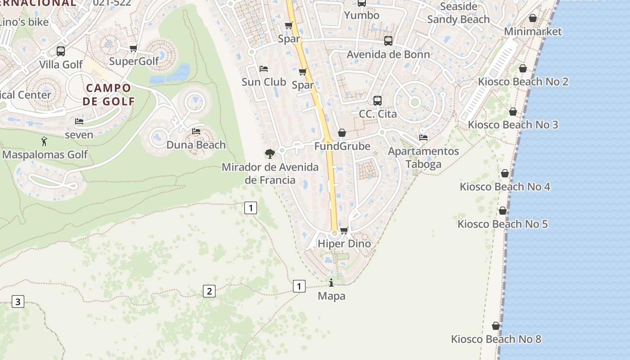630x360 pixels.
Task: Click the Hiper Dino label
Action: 344,243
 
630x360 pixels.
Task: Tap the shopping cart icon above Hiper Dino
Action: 344,230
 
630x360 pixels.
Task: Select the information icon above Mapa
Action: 332,283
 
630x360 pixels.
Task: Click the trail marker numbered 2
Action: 209,291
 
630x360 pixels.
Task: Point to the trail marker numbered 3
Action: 18,301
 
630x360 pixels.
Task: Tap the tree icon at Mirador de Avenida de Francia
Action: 270,154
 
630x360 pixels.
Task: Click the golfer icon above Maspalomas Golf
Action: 44,142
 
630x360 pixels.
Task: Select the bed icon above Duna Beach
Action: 196,131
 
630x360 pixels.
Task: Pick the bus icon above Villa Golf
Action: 61,51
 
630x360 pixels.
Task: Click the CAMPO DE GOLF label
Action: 108,94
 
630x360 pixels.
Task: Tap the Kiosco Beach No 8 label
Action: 496,339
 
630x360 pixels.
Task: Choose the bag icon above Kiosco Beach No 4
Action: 505,173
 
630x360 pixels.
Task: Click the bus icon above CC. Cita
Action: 378,100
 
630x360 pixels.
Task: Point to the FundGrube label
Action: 342,146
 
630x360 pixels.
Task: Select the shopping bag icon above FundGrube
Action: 342,133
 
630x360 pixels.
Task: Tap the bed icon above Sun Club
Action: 264,69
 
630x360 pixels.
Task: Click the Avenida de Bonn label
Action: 388,54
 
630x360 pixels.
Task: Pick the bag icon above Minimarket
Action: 533,18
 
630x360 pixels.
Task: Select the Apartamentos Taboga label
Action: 423,157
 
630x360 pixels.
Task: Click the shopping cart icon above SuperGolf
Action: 133,48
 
